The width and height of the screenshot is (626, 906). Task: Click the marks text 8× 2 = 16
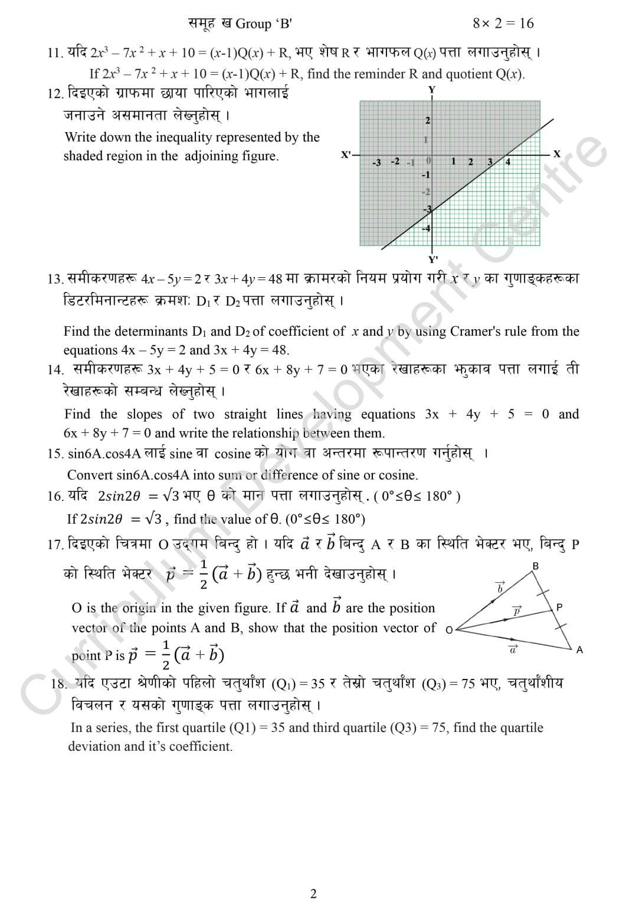point(503,24)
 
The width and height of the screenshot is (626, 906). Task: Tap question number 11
point(55,52)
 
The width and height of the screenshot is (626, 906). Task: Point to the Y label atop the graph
point(432,90)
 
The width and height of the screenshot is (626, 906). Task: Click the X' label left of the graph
point(346,155)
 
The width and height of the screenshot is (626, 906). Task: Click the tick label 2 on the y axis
point(428,120)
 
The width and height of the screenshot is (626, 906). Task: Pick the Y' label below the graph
point(432,259)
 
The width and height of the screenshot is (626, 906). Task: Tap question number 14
point(55,370)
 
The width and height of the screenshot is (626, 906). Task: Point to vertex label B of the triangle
point(535,566)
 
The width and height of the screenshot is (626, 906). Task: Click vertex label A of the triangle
point(579,650)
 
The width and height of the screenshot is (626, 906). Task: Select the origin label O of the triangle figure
point(449,630)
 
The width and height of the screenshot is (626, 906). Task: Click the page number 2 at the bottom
point(313,894)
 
